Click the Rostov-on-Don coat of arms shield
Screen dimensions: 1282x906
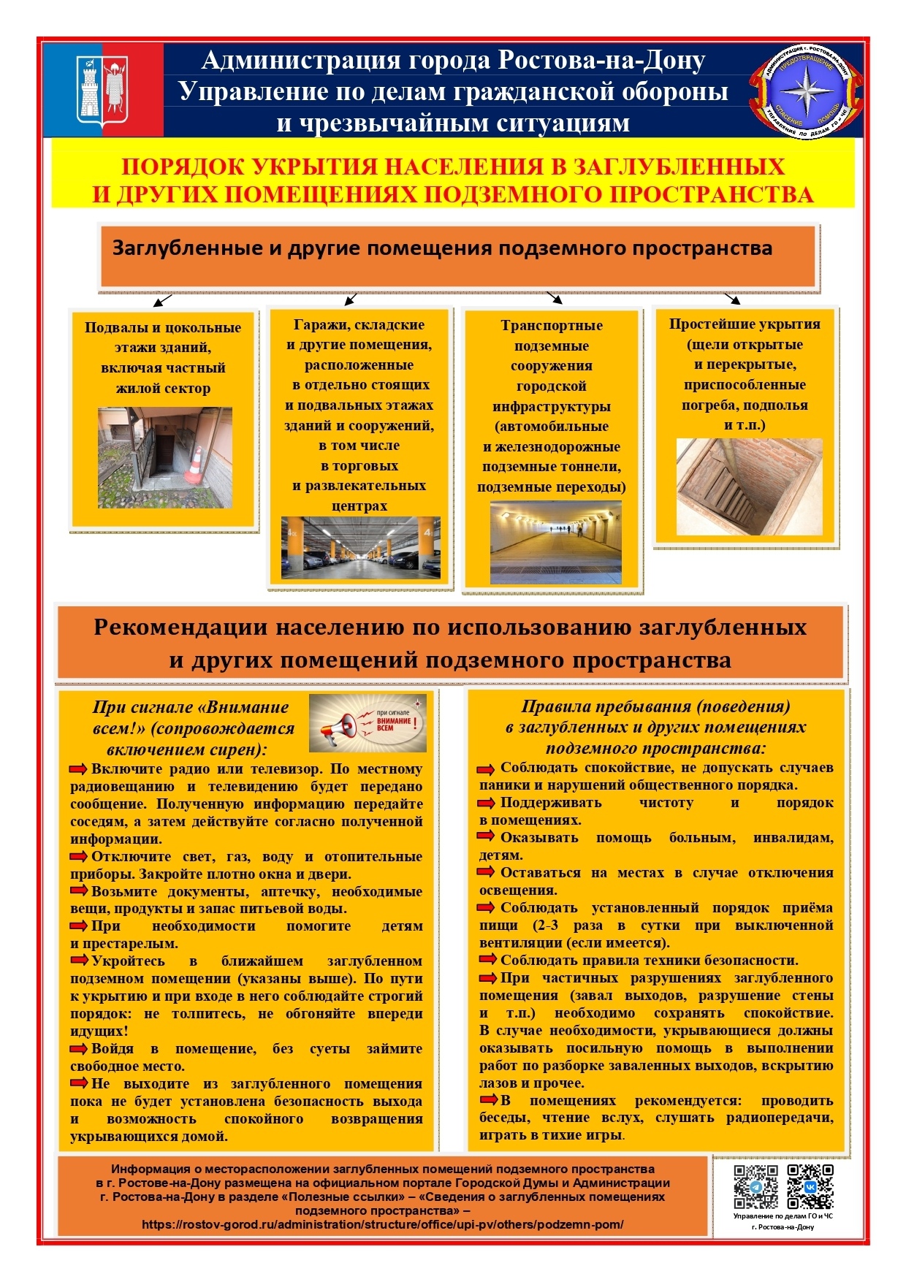click(x=102, y=89)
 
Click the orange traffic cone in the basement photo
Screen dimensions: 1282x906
click(x=194, y=465)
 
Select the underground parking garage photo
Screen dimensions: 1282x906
click(x=361, y=548)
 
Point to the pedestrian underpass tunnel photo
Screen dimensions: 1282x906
click(x=555, y=542)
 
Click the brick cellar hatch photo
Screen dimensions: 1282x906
click(x=749, y=487)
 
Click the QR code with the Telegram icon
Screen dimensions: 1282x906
click(x=755, y=1186)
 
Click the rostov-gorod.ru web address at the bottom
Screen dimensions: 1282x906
click(x=382, y=1224)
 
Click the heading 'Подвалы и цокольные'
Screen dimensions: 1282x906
click(x=162, y=328)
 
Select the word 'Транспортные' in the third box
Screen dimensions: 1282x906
click(x=552, y=326)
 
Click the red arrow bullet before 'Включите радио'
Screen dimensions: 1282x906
click(x=78, y=769)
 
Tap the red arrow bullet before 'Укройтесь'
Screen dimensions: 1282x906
click(x=78, y=961)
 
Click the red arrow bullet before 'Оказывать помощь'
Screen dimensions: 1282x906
click(x=486, y=838)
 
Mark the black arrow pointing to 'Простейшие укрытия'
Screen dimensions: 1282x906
click(x=732, y=298)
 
